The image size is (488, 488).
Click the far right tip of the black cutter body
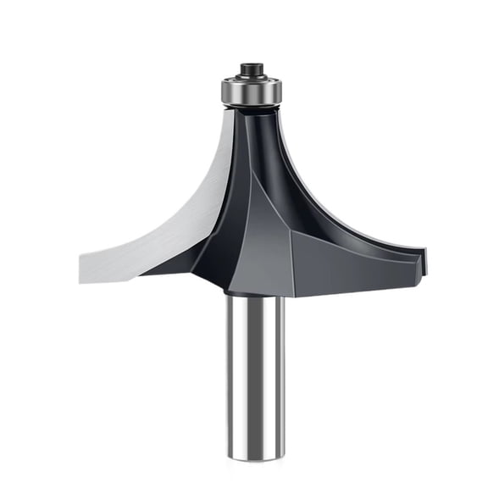point(426,259)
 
